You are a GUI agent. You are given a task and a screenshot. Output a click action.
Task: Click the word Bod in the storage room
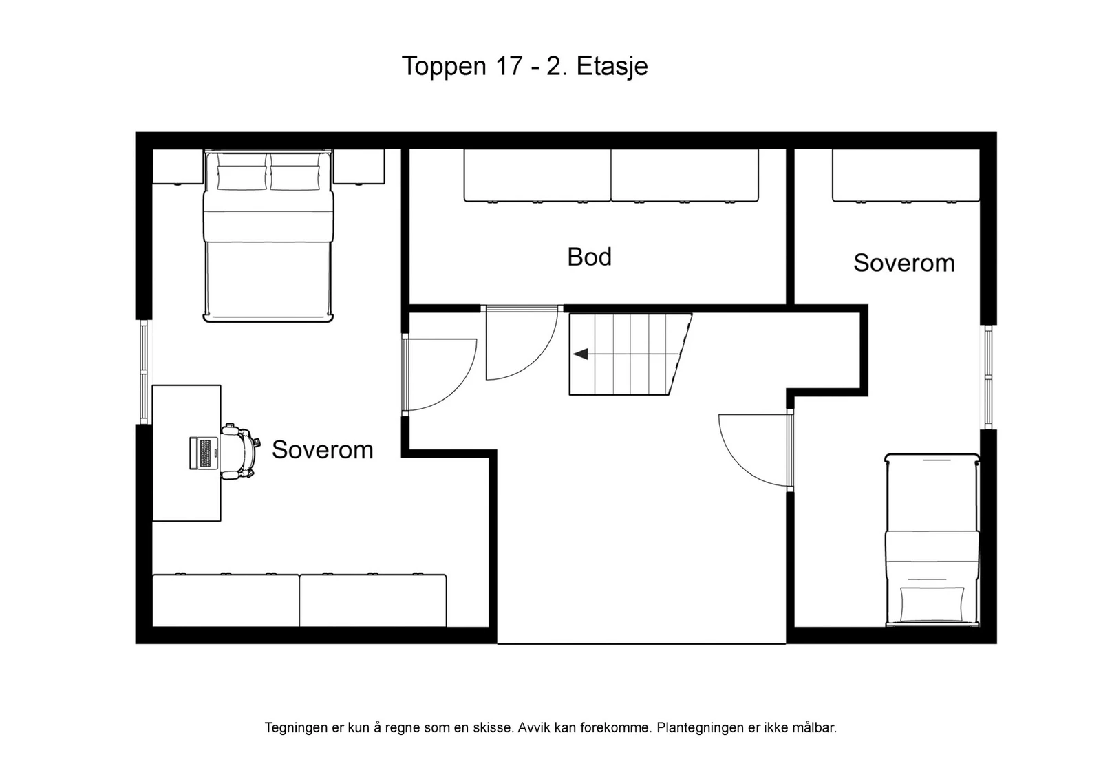589,257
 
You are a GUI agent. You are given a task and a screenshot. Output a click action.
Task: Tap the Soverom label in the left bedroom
322,449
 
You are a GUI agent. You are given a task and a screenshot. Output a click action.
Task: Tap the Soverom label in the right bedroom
904,263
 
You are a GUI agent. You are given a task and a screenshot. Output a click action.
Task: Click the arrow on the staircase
581,354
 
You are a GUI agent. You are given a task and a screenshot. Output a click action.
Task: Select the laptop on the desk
203,453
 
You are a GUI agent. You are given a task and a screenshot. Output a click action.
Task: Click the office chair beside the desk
239,451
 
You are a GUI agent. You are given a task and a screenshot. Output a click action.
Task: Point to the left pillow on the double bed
242,173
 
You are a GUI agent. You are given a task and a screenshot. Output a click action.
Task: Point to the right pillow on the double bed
295,173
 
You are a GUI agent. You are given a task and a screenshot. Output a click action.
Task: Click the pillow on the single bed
932,603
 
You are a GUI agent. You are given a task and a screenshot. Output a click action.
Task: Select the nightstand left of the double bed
178,167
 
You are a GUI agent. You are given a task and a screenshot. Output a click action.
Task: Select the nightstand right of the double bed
359,167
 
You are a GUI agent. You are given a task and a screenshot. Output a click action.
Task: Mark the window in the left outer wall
144,372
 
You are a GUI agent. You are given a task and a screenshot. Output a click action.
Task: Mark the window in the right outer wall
988,376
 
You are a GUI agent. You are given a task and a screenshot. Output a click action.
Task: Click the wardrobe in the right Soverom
906,175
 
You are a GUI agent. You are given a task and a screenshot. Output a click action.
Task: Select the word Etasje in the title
612,67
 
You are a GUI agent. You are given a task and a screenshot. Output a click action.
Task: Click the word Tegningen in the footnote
295,727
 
